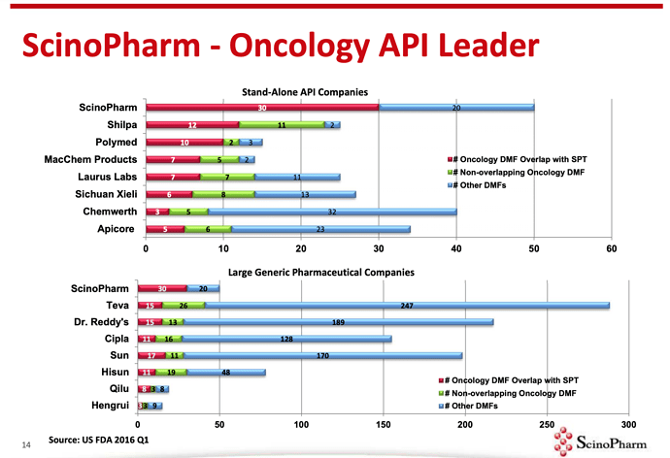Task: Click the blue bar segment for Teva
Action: [x=408, y=306]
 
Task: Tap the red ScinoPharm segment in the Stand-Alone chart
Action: [x=262, y=107]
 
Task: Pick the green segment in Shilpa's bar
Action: [x=281, y=125]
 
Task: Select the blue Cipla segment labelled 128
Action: [x=286, y=340]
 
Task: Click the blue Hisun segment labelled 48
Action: [x=225, y=373]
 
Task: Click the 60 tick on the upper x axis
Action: [x=611, y=249]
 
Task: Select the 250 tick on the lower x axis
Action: [x=546, y=424]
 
